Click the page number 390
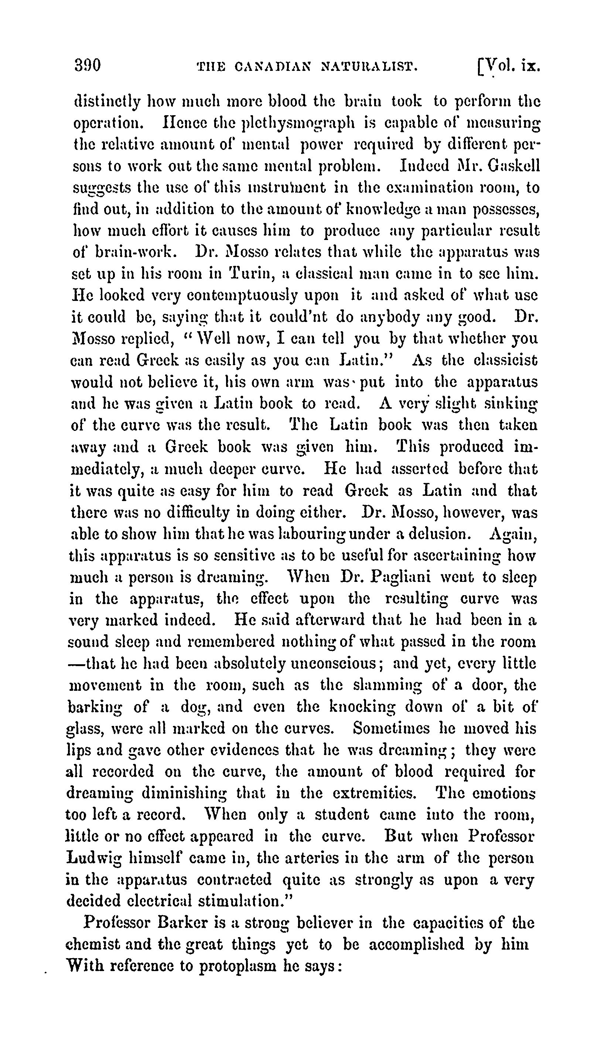[x=88, y=66]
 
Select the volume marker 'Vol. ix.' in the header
[x=509, y=66]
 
